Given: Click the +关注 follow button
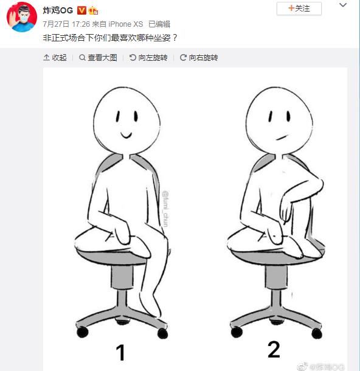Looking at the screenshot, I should pyautogui.click(x=299, y=9).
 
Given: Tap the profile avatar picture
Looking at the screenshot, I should pyautogui.click(x=22, y=17).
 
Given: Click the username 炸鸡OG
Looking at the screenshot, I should pyautogui.click(x=58, y=10).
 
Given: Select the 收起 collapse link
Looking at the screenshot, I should pyautogui.click(x=55, y=58).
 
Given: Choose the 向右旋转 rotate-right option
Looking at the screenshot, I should pyautogui.click(x=198, y=58).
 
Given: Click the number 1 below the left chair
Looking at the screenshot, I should pyautogui.click(x=121, y=352).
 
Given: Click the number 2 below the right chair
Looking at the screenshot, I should pyautogui.click(x=274, y=349).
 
